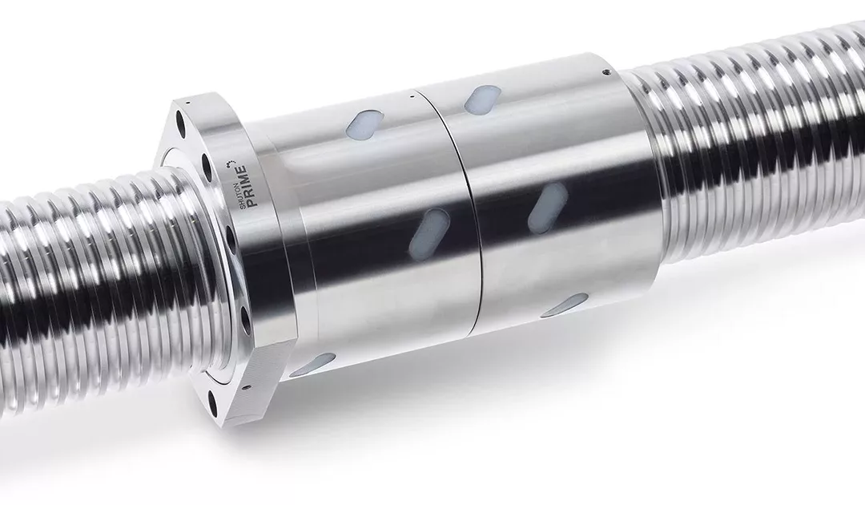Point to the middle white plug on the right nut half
click(x=549, y=207)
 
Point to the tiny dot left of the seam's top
click(x=410, y=95)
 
